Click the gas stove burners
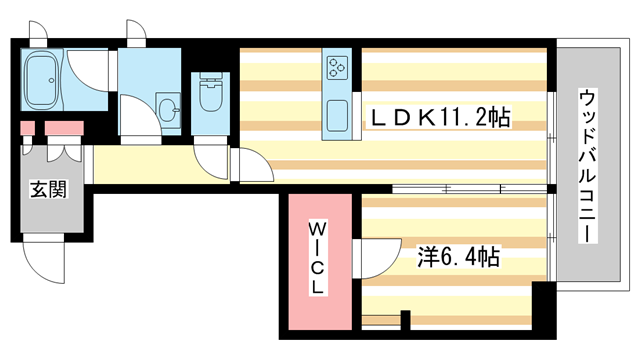(335, 68)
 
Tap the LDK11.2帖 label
(441, 118)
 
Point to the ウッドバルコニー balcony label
(587, 165)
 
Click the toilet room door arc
(213, 155)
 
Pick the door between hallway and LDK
(245, 165)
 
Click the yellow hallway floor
(140, 166)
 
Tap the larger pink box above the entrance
(64, 128)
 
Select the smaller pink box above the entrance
(27, 128)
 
